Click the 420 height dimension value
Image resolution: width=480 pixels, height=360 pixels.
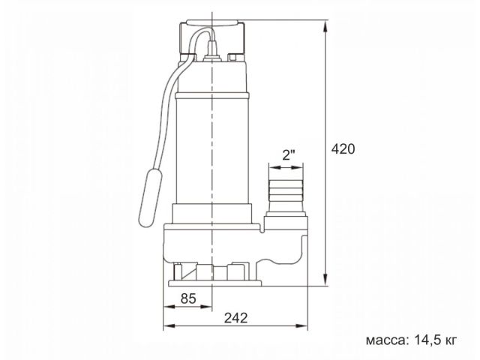(343, 148)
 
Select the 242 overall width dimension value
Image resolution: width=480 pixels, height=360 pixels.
(235, 316)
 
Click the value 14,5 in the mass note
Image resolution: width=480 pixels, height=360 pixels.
(427, 339)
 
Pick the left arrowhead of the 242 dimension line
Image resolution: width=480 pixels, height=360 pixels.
(169, 327)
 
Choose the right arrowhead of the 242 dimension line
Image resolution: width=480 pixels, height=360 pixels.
(304, 327)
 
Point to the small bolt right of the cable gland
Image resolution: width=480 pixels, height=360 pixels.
(235, 56)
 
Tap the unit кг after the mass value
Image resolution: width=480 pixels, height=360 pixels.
(449, 339)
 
